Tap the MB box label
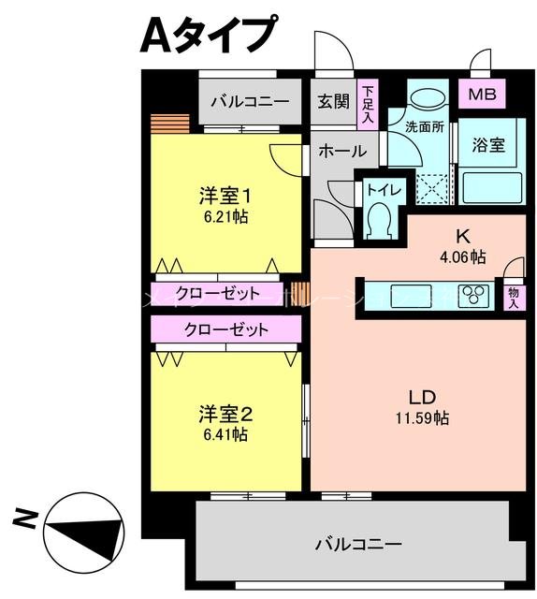click(483, 94)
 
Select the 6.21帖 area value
click(225, 216)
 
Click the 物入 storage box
click(515, 297)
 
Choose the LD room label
click(419, 394)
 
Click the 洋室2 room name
click(225, 413)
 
